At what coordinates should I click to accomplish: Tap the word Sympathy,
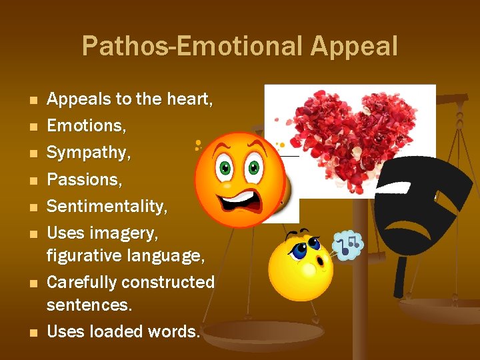tap(89, 153)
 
